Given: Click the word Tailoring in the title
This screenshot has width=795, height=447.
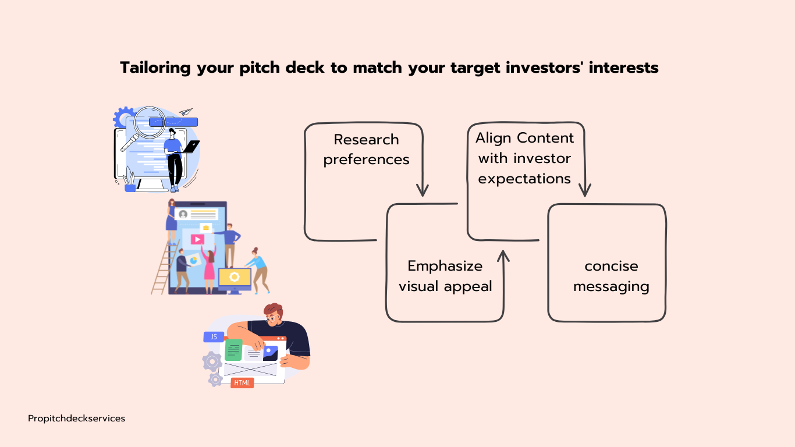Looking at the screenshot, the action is coord(155,68).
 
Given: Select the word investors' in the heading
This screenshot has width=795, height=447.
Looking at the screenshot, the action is coord(544,68).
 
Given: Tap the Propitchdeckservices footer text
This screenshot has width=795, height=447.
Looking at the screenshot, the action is coord(76,418).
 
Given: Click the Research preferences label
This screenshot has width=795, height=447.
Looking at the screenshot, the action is coord(366,150).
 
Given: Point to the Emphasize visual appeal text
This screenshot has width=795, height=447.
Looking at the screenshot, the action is coord(445,276).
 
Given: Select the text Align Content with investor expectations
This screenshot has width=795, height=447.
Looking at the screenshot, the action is coord(524,158).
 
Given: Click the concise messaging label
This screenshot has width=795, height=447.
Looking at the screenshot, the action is coord(611,276).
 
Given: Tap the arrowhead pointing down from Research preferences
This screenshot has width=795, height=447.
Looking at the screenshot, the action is coord(423,190).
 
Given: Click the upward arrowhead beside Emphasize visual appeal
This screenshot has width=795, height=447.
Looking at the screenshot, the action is coord(503,256).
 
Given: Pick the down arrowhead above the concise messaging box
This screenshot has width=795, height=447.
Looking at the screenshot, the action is coord(585,190).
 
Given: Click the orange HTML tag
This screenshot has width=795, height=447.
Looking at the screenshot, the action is coord(242,383).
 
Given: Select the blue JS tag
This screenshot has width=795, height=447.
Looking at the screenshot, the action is coord(214,336).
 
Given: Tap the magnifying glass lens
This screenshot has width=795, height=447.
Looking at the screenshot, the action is coord(150,122).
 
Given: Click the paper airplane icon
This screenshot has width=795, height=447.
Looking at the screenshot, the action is coord(186,112).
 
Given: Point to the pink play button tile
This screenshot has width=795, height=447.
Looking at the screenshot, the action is coord(198,239).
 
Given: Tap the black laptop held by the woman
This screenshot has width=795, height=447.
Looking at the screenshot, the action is coord(191,147).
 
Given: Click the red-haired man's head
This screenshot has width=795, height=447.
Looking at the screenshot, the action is coord(273,314).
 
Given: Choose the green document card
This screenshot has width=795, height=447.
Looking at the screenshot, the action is coord(233,350).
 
